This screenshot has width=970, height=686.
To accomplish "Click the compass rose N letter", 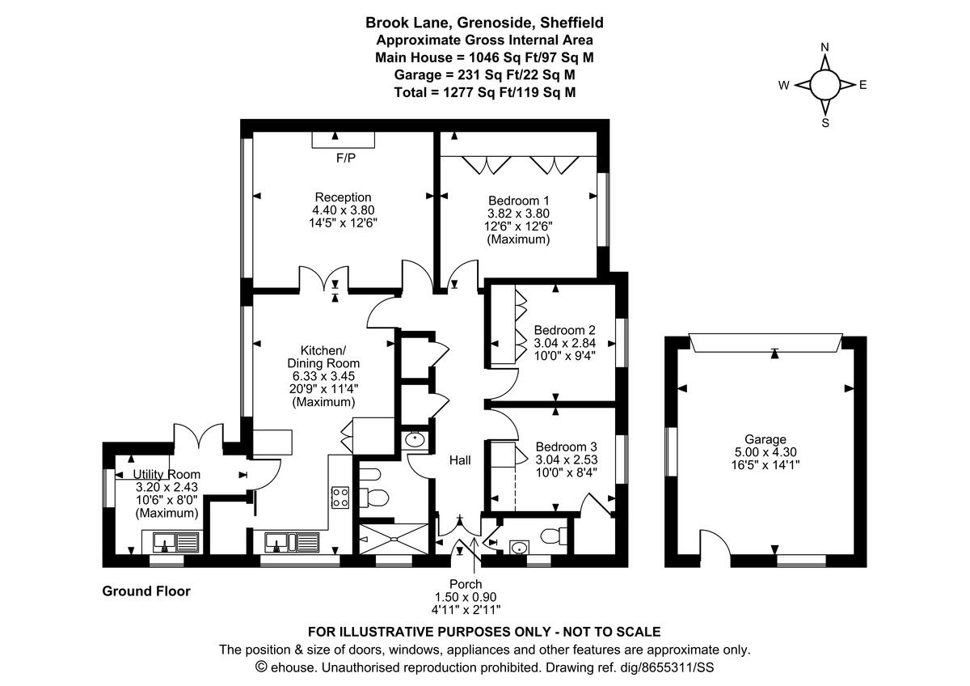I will (824, 47).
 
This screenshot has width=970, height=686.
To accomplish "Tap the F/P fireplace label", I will (345, 158).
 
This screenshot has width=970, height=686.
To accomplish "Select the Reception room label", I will (343, 197).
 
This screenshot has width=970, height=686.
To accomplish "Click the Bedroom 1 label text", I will (518, 201).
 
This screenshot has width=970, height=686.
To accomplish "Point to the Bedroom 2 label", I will (564, 330).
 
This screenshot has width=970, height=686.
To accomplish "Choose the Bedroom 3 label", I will (566, 447).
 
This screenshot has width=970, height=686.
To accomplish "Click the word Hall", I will (460, 459).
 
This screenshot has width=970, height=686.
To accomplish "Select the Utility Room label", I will (167, 474).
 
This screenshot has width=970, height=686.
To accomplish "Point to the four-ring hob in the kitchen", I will (340, 497).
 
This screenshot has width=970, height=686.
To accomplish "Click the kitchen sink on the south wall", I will (292, 540).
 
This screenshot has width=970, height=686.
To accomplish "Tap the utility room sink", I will (171, 540).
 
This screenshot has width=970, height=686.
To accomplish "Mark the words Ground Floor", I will (146, 591).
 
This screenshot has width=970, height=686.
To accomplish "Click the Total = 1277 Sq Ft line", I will (485, 92).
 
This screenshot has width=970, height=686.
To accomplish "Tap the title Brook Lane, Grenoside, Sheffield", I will (485, 23).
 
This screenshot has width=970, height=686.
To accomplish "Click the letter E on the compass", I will (862, 84).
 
